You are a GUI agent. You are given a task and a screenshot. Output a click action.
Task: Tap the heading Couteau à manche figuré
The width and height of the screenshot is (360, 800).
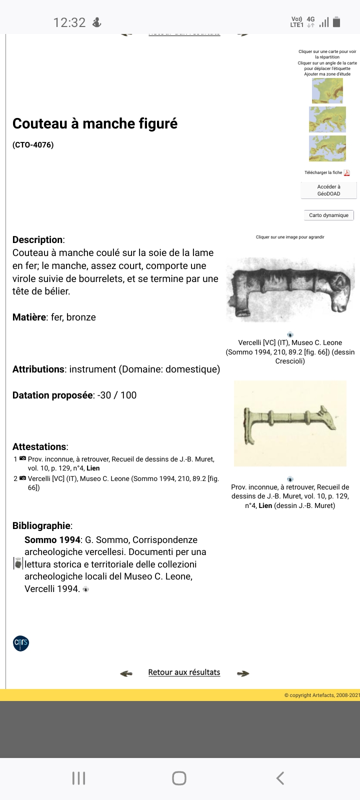coord(95,123)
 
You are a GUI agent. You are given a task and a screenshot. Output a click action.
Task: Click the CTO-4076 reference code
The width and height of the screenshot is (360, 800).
coord(33,145)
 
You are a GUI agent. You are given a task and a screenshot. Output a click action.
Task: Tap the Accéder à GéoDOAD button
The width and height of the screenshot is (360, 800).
coord(328,190)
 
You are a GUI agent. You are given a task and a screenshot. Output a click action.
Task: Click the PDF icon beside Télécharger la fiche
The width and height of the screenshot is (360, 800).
coord(346,173)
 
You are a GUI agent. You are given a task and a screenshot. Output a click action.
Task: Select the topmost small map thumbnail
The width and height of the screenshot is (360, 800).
coord(327,91)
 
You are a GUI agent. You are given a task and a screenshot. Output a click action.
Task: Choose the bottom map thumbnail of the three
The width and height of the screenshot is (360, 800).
coord(327,148)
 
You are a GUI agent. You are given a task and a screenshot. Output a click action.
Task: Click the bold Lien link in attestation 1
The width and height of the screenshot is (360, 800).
coord(93,468)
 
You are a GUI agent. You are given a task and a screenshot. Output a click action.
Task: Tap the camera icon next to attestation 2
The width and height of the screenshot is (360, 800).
coord(22,478)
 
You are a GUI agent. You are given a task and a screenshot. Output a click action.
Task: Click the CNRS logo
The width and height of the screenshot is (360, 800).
coord(21,643)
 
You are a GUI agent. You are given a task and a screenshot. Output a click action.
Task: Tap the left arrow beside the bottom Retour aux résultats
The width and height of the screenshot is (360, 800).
coord(126,673)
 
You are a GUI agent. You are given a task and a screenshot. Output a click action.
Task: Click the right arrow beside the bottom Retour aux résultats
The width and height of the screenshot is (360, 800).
coord(243,673)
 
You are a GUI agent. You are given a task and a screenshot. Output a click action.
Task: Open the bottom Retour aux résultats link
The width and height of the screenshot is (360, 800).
coord(184,672)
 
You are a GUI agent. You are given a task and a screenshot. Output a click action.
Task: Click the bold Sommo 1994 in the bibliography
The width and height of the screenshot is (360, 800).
coord(52,540)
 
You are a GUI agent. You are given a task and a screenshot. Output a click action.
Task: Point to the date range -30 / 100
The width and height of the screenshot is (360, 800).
coord(117,395)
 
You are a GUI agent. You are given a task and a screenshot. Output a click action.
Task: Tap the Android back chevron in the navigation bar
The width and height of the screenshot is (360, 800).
coord(280,778)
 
